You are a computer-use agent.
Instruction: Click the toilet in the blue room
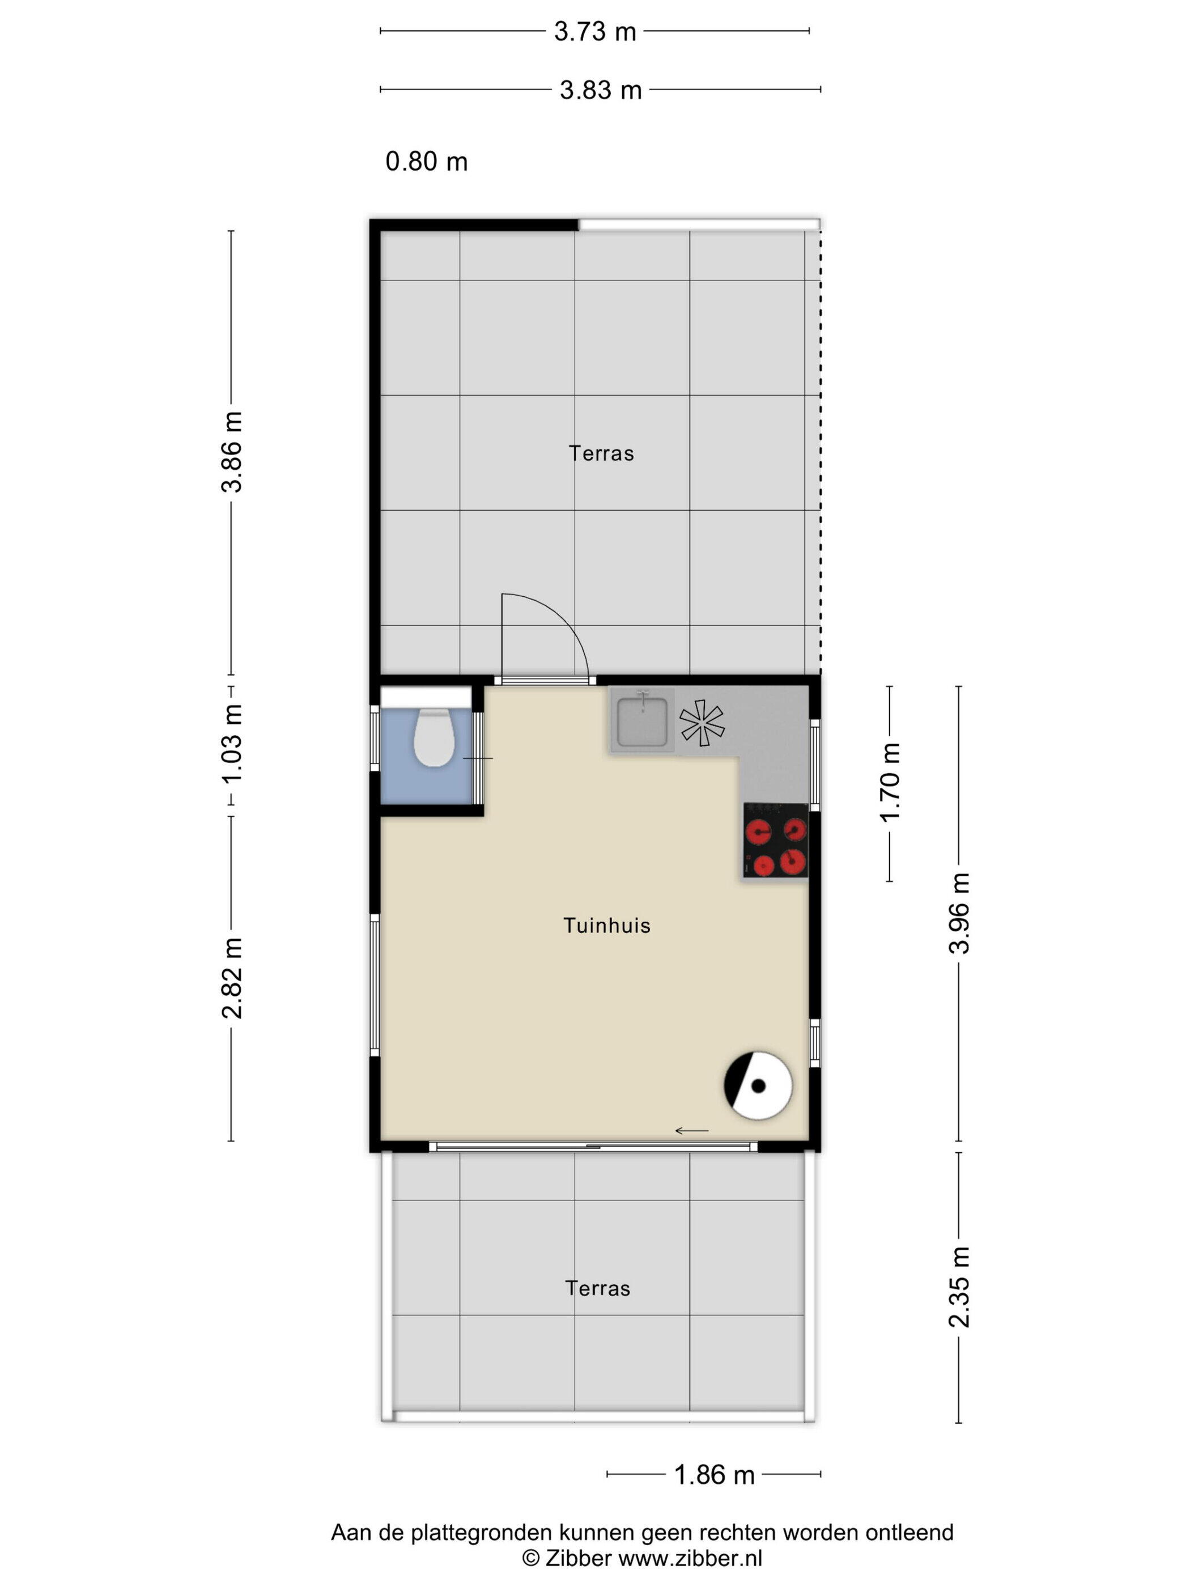(434, 737)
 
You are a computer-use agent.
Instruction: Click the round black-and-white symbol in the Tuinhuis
(758, 1085)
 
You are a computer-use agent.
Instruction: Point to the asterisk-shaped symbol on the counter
(702, 723)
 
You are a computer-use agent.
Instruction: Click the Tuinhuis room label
(607, 926)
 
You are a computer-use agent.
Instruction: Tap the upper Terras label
(601, 453)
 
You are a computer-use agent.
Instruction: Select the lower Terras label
(597, 1288)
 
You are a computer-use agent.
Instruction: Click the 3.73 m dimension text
(594, 32)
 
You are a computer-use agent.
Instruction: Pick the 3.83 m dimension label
(600, 90)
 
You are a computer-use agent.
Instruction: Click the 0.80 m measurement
(427, 162)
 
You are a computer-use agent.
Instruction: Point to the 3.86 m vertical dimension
(232, 452)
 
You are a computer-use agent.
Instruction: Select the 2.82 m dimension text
(232, 978)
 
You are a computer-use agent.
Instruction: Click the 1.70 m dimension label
(890, 783)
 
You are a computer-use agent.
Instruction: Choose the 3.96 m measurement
(959, 913)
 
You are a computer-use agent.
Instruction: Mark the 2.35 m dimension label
(959, 1287)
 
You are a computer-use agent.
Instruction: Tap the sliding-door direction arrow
(691, 1131)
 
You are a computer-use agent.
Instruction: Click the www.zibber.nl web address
(690, 1558)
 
